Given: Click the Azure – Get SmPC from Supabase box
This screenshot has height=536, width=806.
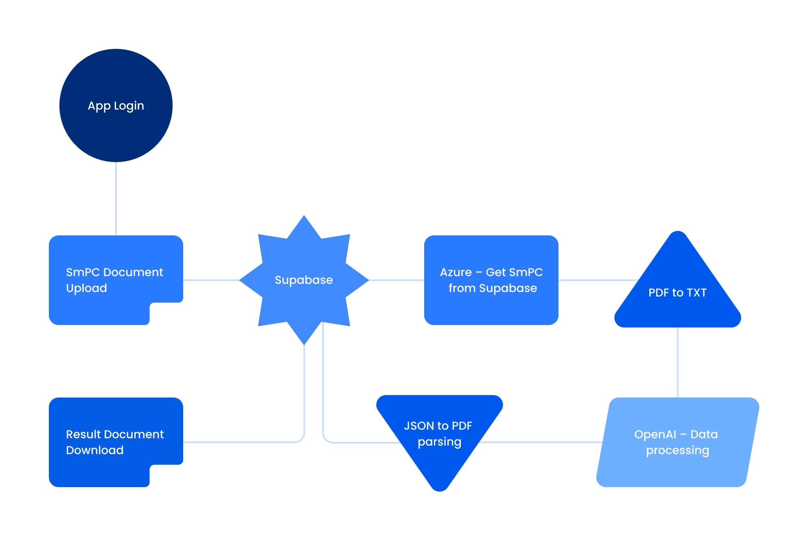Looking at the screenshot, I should tap(491, 310).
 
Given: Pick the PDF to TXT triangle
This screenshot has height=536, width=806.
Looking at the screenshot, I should tap(677, 310).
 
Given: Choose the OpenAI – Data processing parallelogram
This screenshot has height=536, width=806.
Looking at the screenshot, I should tap(677, 468).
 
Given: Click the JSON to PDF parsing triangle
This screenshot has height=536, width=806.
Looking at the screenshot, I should tap(440, 464).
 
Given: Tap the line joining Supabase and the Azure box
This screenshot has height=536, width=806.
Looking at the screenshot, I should tap(396, 280).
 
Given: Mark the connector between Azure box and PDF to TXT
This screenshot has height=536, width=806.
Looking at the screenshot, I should tap(596, 280).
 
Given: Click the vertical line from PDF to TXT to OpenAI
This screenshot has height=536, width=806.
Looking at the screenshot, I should tap(678, 362).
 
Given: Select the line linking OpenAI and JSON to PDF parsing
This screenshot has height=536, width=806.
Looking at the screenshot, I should tap(541, 442).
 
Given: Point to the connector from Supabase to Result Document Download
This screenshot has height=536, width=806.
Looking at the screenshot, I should tap(244, 442).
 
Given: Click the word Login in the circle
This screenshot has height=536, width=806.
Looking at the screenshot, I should tap(129, 106).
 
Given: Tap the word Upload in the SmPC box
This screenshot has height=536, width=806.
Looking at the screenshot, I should tap(86, 288).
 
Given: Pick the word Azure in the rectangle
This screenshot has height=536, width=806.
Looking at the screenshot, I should tap(456, 272).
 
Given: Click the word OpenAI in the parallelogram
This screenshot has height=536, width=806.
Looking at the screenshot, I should tap(655, 434).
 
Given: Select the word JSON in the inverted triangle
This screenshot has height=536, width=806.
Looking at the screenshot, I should tap(419, 426).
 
